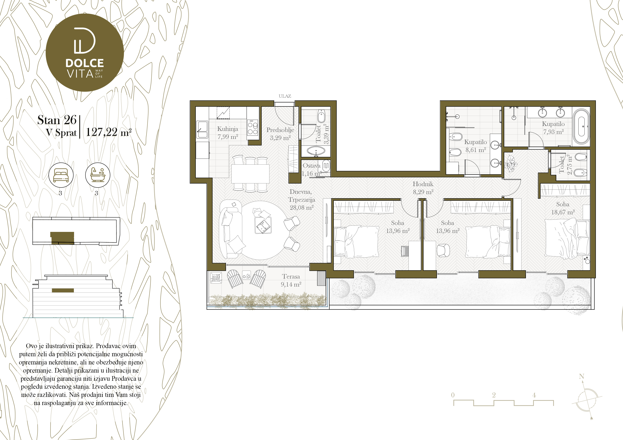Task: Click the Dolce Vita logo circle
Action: click(85, 53)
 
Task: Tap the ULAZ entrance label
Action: click(285, 96)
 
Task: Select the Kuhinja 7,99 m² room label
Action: click(228, 133)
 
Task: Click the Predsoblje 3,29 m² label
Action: click(280, 134)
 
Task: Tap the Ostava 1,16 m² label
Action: click(311, 169)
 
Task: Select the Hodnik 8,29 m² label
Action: click(423, 188)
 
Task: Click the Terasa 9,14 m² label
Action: click(291, 280)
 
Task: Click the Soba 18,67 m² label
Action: click(563, 208)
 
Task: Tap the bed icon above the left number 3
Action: click(61, 175)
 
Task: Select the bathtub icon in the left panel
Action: click(98, 175)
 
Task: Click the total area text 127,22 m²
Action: click(109, 132)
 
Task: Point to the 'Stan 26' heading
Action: click(57, 120)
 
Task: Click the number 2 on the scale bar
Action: click(494, 395)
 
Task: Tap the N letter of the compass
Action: click(581, 376)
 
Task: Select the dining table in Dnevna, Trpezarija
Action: click(250, 174)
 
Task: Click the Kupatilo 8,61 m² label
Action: click(475, 146)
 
